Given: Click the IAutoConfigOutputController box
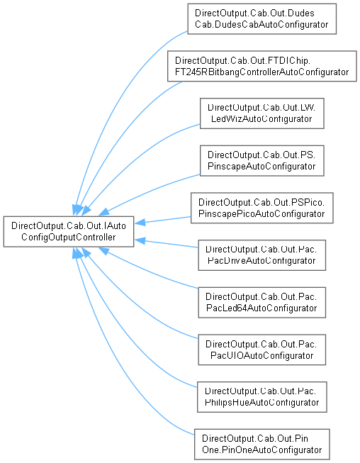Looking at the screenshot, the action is [69, 231].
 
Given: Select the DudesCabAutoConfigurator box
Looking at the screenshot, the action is [261, 19].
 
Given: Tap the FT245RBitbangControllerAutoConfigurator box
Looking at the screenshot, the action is [261, 66].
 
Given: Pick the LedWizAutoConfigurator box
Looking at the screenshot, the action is [261, 113].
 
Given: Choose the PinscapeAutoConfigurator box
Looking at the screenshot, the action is [261, 161].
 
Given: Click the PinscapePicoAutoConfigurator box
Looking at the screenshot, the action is [261, 208].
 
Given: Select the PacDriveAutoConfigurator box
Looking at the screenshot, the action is [261, 255].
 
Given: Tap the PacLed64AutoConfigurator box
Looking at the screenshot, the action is [261, 302].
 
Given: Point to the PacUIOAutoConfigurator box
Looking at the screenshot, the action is [261, 350].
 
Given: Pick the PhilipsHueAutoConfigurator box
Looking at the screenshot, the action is [261, 397].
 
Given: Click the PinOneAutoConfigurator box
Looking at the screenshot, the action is [261, 444].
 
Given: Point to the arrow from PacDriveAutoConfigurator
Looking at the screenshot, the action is [166, 243].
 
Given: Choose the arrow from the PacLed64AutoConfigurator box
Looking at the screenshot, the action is [147, 270].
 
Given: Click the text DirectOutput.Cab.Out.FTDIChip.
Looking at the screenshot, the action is [242, 60].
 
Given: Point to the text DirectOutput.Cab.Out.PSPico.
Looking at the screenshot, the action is [261, 202].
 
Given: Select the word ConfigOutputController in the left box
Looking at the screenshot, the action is [69, 237].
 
